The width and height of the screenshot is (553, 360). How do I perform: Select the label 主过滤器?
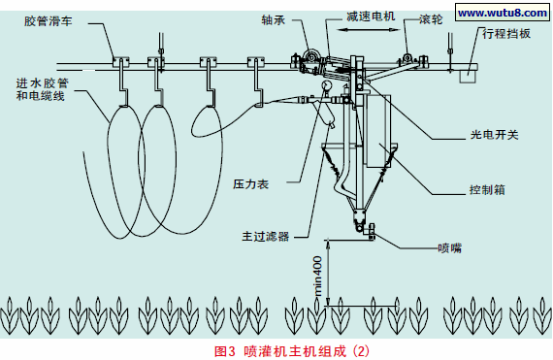pos(265,234)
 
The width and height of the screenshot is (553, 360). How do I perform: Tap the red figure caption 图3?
pos(224,347)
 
